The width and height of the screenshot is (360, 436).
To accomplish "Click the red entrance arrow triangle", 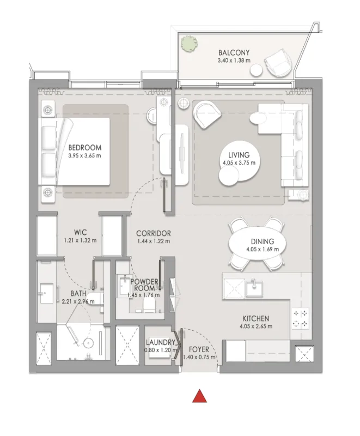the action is pos(199,396).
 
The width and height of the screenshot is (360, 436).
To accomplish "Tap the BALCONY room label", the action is pos(234,52).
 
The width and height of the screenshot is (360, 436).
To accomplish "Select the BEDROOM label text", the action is pos(85,147).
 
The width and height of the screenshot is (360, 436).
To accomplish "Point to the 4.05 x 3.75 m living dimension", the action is pos(239,162).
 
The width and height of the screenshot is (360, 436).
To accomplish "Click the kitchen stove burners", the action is pos(301,319).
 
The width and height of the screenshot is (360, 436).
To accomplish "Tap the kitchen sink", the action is pos(254,288).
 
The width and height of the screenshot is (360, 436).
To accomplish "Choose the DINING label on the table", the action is pos(262,241).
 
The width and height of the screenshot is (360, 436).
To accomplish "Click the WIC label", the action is pos(80,232).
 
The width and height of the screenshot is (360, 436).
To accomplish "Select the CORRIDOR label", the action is pos(154,233).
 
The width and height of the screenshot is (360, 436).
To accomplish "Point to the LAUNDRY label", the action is pos(161,342).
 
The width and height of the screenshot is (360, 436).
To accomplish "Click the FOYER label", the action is pos(199,349).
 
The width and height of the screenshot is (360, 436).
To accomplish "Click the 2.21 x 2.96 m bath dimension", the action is pos(78,301).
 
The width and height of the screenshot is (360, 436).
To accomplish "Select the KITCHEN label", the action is pos(256,318).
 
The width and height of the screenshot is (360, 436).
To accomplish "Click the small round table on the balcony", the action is pos(256,70).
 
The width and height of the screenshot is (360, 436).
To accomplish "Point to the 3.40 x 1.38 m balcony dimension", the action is pos(234,60).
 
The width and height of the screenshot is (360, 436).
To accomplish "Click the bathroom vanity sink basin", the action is pos(46,293).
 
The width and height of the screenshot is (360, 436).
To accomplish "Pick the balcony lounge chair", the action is pos(278,63).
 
